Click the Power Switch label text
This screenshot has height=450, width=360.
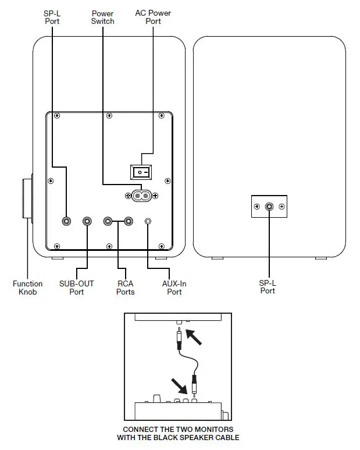click(102, 17)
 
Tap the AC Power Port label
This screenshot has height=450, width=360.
click(152, 17)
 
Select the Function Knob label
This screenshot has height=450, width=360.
click(27, 288)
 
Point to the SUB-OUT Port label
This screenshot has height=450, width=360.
click(76, 288)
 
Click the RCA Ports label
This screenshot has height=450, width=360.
click(125, 288)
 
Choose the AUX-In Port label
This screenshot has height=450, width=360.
click(174, 288)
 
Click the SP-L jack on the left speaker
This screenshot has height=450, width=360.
click(67, 221)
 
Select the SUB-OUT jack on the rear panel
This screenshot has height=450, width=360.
click(87, 221)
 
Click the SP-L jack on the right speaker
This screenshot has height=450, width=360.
click(269, 206)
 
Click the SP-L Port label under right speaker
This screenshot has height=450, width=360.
click(268, 286)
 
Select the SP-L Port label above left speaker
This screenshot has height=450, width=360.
click(52, 17)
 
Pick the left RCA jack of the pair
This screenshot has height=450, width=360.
click(108, 221)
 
